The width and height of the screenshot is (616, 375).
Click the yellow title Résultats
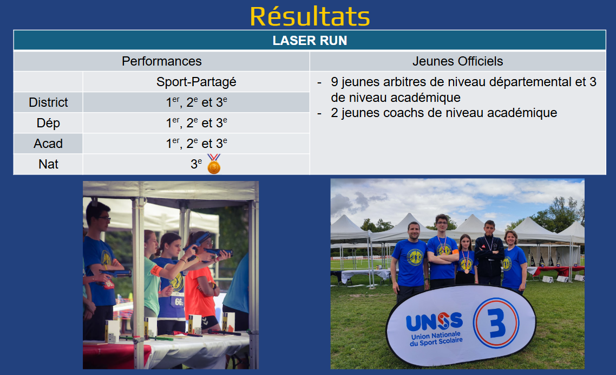(310, 16)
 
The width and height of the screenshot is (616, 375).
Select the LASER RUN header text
(310, 41)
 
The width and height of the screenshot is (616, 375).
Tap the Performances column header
(161, 61)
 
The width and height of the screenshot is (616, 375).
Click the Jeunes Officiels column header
(458, 61)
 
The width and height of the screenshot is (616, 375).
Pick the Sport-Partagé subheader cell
(196, 82)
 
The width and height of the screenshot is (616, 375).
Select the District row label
(48, 102)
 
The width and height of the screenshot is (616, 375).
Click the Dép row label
(48, 123)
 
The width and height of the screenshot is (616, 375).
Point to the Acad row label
(48, 144)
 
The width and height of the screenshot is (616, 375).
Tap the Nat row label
(48, 164)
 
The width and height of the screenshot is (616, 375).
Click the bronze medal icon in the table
(214, 164)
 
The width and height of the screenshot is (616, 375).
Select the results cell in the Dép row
(196, 123)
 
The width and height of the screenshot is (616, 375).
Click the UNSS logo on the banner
(434, 322)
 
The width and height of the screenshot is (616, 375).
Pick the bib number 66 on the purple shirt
(179, 302)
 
